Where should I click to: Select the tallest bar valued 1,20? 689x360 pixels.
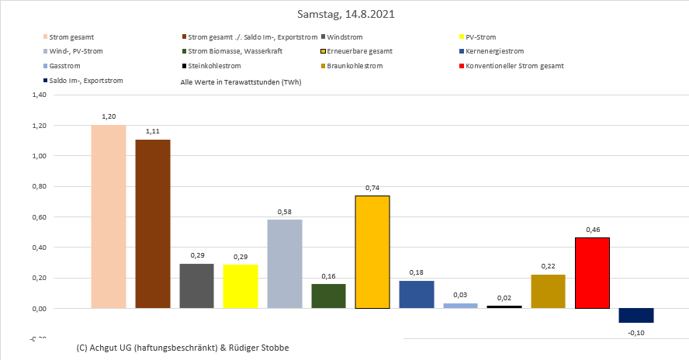[108, 216]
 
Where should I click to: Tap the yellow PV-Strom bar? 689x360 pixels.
[240, 286]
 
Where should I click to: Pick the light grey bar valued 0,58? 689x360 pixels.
[284, 264]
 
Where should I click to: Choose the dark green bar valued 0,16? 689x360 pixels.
[328, 296]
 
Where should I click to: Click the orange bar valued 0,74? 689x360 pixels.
[372, 251]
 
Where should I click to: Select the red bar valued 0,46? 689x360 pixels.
[592, 272]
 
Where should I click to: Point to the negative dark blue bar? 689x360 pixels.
[636, 315]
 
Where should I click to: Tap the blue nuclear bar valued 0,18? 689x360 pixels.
[416, 294]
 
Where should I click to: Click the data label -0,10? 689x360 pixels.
[636, 332]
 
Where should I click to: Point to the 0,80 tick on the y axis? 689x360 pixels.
[36, 186]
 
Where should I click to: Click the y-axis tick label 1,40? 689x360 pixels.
[36, 95]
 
